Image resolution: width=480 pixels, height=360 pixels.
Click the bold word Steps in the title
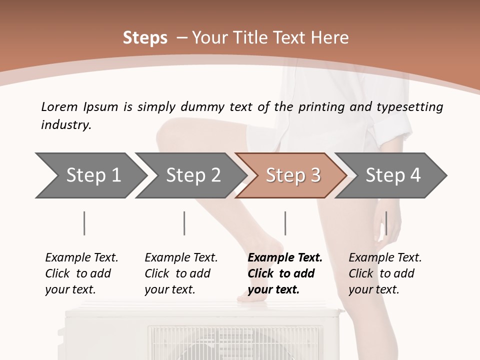[145, 38]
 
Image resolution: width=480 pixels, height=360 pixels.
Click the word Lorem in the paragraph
[59, 106]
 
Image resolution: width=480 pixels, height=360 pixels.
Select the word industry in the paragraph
[65, 125]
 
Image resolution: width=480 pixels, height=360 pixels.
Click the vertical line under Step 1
[84, 223]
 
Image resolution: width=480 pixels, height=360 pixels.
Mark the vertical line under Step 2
[184, 223]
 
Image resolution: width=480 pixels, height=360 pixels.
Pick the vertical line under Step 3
[285, 223]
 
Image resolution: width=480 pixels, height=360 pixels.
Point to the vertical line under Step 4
[386, 223]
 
